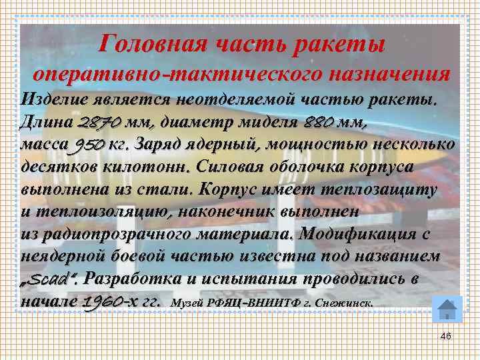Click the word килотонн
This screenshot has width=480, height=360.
139,167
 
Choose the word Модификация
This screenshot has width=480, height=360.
358,234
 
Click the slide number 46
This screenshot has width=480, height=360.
445,336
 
